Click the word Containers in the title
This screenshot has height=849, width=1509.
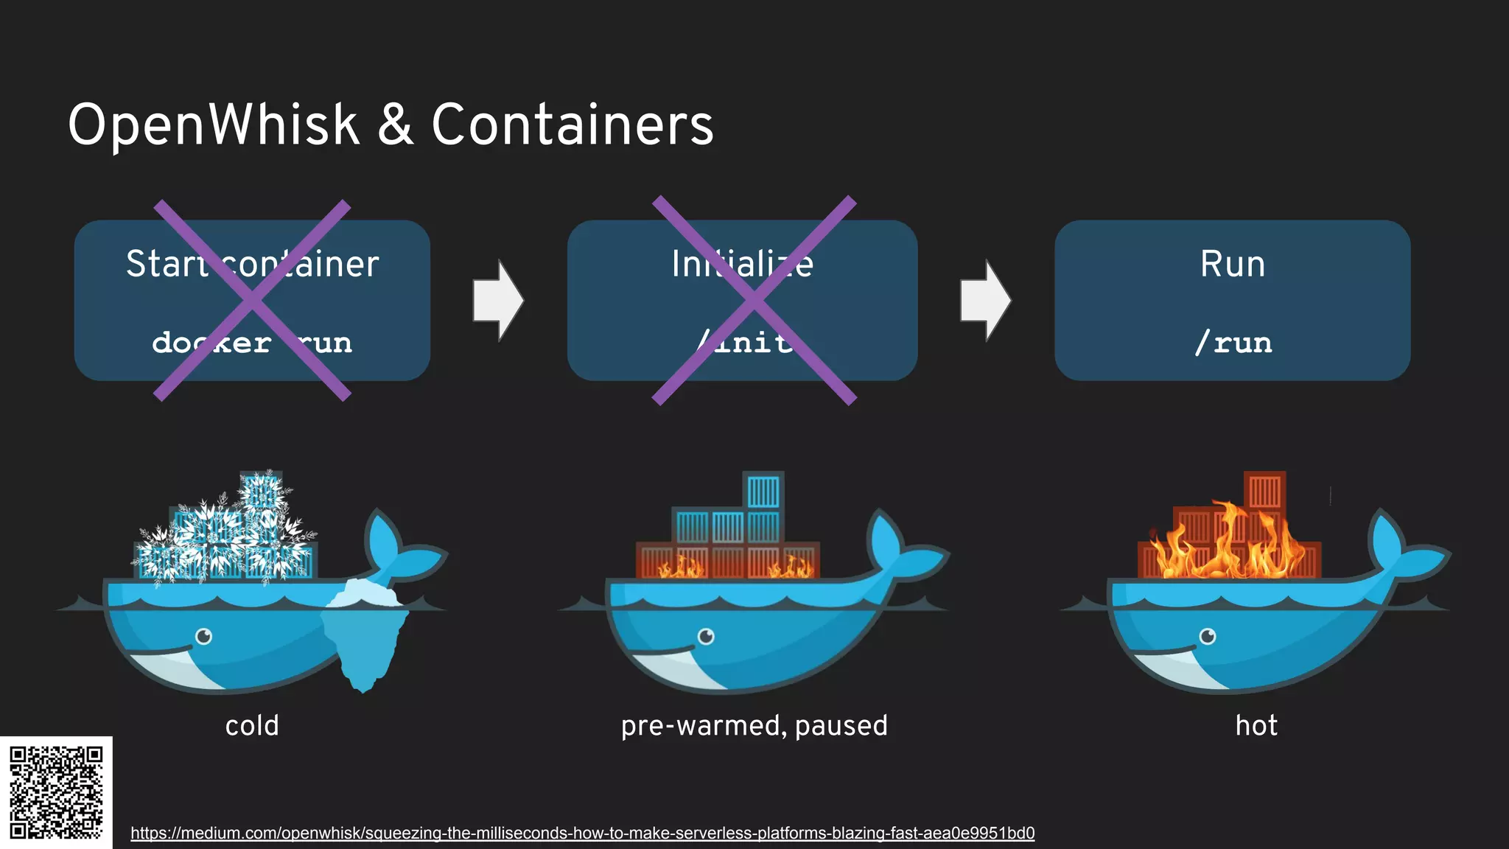click(x=573, y=125)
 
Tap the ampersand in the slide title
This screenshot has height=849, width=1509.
click(x=396, y=125)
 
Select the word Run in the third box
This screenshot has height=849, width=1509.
click(x=1232, y=264)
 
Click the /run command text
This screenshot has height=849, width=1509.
click(x=1233, y=343)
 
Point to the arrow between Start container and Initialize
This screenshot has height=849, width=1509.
click(x=498, y=300)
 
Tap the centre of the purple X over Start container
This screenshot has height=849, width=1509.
click(x=252, y=300)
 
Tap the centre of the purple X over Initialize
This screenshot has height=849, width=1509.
click(x=754, y=300)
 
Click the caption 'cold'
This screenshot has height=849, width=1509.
click(x=252, y=726)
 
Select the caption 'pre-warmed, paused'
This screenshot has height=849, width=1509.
click(x=754, y=726)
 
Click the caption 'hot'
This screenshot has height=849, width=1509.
click(x=1256, y=726)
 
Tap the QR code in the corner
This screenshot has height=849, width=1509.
click(x=56, y=792)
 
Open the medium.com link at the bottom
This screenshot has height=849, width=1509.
click(x=582, y=833)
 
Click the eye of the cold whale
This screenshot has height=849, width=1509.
click(x=203, y=636)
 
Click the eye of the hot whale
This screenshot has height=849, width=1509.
click(x=1208, y=636)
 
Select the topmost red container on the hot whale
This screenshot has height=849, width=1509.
click(x=1264, y=490)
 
